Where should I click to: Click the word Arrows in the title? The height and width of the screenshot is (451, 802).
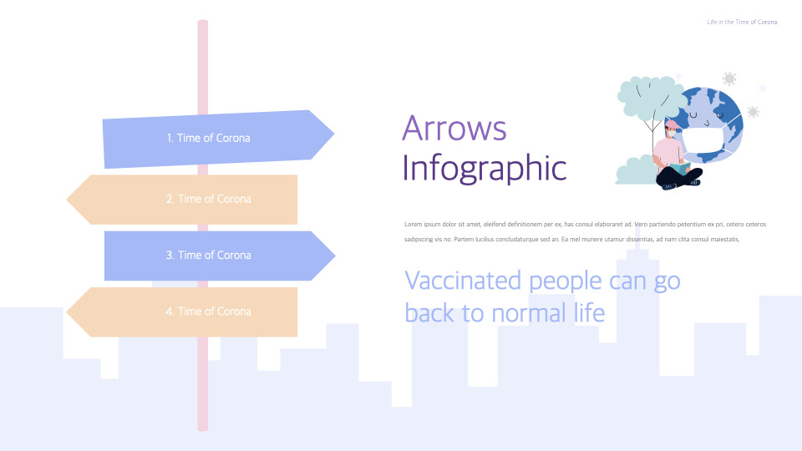click(454, 129)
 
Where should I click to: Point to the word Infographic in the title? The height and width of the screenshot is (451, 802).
click(485, 168)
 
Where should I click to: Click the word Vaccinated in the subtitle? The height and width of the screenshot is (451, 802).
click(463, 281)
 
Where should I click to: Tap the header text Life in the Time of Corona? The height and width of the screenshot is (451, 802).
click(742, 22)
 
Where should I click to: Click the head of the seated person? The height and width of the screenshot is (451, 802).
click(672, 129)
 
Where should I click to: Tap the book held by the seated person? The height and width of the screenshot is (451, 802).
click(680, 167)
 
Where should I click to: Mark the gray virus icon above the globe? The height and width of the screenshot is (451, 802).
click(729, 79)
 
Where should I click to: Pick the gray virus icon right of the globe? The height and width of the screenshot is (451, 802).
click(753, 112)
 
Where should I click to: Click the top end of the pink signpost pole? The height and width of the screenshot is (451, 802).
click(202, 21)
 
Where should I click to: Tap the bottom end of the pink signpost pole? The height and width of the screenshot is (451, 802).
click(202, 429)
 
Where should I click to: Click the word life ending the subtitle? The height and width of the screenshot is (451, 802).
click(589, 312)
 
